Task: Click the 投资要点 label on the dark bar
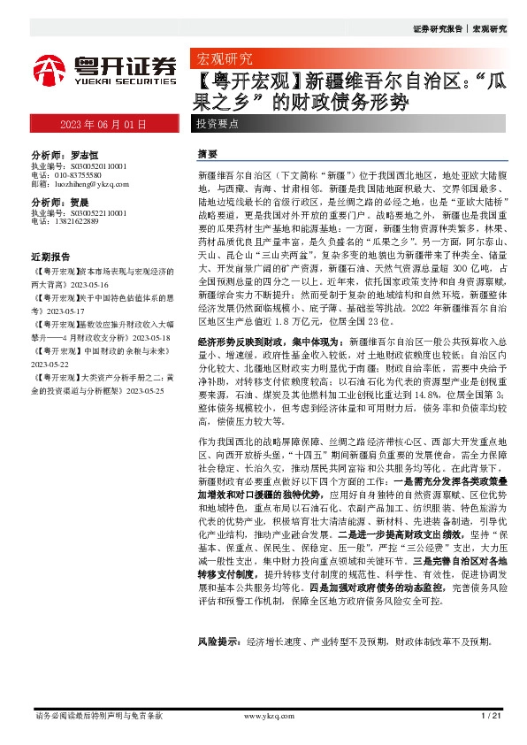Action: [218, 124]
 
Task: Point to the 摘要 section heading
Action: [207, 153]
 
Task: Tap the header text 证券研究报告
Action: [438, 29]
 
